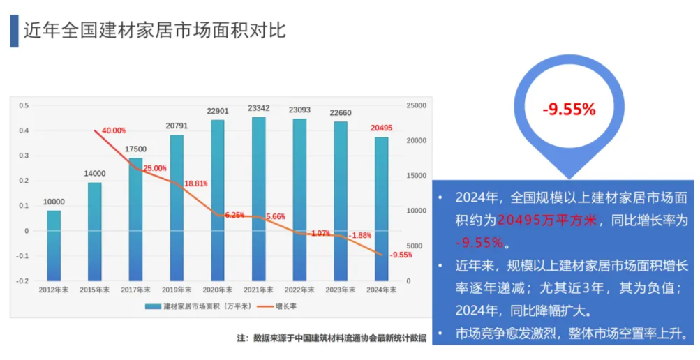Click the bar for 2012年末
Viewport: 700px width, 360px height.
click(54, 245)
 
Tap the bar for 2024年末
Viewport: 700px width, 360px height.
click(381, 209)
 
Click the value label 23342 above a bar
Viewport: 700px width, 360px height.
click(259, 109)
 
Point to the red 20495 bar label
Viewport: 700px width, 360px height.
click(381, 128)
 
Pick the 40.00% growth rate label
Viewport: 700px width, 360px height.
click(114, 130)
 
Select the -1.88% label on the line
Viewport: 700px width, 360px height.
click(360, 235)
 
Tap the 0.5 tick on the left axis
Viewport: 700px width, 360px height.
click(24, 105)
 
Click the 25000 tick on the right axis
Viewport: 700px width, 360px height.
click(417, 105)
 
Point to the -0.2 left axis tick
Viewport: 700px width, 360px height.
click(23, 281)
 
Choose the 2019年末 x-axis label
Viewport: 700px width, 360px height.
click(177, 290)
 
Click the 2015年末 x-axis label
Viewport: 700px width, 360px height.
click(95, 290)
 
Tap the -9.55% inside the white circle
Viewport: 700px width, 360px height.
click(569, 110)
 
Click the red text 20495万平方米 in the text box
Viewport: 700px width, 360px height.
click(548, 220)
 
